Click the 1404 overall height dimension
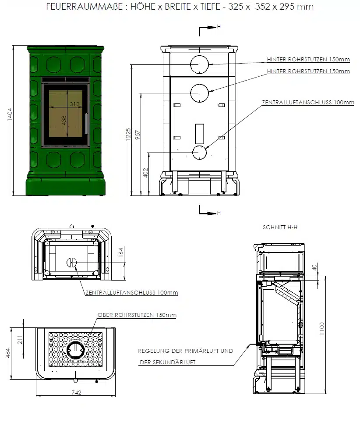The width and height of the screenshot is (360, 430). click(x=10, y=114)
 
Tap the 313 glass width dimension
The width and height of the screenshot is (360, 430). click(x=74, y=104)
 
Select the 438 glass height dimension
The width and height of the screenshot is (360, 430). click(x=64, y=120)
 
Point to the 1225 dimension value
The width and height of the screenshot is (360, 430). click(x=128, y=135)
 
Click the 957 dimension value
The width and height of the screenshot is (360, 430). click(x=138, y=135)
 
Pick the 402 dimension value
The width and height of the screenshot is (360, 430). click(x=145, y=173)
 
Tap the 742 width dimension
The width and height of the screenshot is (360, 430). click(x=77, y=392)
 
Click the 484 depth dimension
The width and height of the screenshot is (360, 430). click(x=8, y=353)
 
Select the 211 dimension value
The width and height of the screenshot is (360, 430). click(x=20, y=340)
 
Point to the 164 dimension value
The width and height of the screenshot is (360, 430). click(x=121, y=252)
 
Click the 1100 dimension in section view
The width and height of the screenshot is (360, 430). click(x=321, y=329)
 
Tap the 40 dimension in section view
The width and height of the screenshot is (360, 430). click(x=314, y=267)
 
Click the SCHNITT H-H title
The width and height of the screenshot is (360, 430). click(x=280, y=227)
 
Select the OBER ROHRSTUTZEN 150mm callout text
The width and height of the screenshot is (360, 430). click(x=137, y=315)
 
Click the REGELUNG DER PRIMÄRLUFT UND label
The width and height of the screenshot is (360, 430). click(x=186, y=351)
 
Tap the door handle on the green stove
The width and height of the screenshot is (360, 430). click(x=87, y=124)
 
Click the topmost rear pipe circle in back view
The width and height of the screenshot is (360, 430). click(x=200, y=64)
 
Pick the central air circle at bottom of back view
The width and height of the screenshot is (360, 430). click(x=199, y=153)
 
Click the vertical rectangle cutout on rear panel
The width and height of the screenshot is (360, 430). click(x=199, y=134)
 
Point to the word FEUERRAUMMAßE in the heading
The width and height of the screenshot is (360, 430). click(x=85, y=7)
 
